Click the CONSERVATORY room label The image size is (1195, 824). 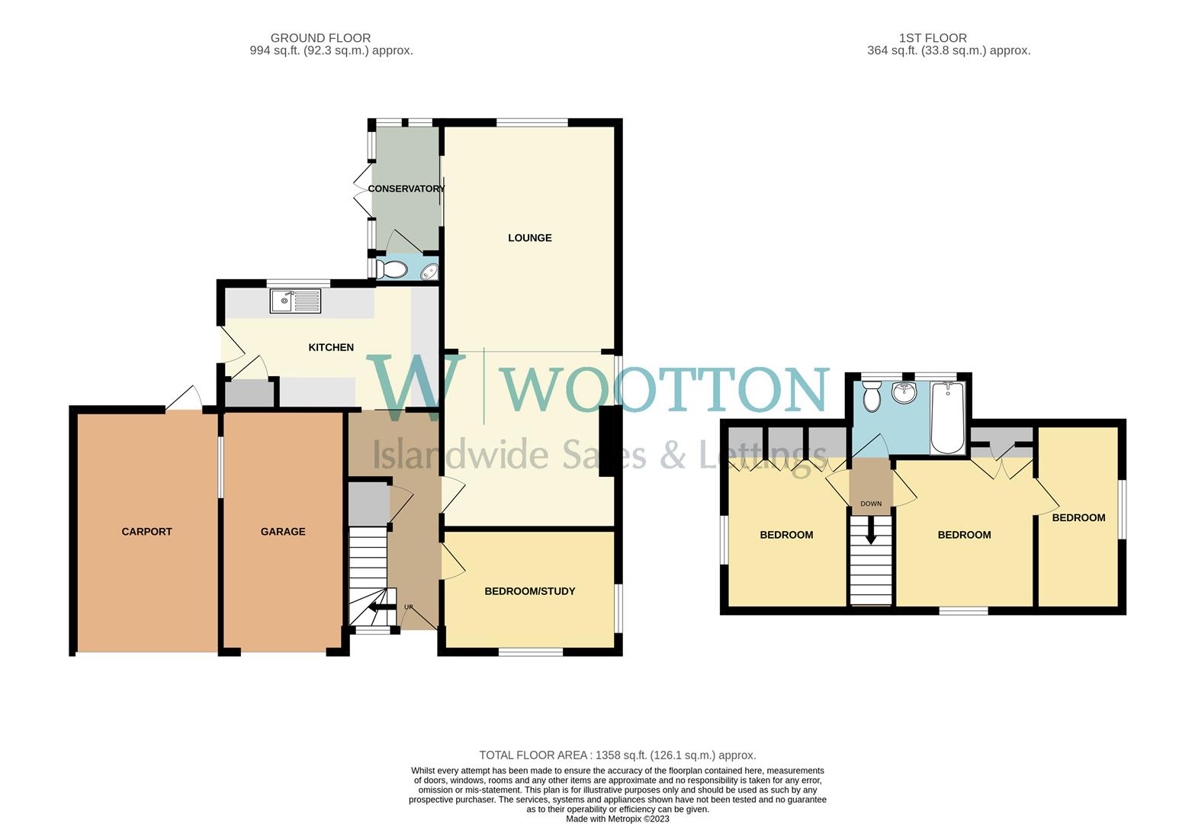(406, 188)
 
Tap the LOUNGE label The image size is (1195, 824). (530, 238)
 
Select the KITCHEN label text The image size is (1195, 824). (331, 348)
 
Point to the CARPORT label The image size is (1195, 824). (146, 532)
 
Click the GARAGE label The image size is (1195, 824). (283, 532)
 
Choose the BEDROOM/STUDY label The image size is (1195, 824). (530, 591)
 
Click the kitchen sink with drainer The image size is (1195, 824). (295, 301)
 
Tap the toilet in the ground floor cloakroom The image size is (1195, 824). (393, 269)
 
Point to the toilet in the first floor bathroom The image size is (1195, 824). (872, 396)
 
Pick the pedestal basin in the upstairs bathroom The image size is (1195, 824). (905, 394)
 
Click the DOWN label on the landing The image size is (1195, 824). (871, 504)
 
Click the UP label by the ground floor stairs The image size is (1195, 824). (409, 607)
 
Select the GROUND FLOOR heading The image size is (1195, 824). (320, 38)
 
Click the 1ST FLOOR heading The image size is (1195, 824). (933, 38)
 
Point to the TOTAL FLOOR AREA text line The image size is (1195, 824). (618, 755)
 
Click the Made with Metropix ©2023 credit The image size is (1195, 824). (618, 819)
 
